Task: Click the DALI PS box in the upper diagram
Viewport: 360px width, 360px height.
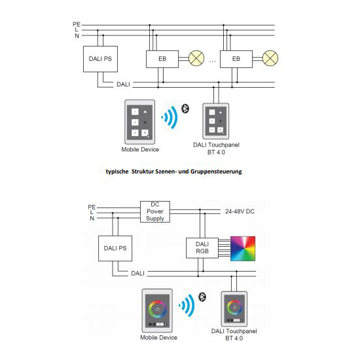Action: (100, 59)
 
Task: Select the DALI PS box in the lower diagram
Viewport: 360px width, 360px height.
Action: (115, 249)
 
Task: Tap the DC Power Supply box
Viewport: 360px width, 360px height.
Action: (155, 211)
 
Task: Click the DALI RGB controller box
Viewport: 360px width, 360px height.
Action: (202, 248)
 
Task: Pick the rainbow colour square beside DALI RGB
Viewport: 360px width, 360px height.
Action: (243, 249)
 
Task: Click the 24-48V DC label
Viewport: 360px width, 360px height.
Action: (240, 211)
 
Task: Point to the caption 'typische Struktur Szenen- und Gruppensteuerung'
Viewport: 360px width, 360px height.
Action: (174, 171)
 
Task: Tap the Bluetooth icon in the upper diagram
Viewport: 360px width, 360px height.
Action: (185, 109)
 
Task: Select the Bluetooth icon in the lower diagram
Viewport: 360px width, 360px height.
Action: (202, 297)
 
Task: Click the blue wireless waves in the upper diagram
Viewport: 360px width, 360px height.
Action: (170, 117)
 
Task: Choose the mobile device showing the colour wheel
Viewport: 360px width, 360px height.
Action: (157, 311)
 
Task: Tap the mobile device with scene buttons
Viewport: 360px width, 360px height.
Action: (139, 122)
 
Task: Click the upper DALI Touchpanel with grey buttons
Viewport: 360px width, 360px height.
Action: (215, 121)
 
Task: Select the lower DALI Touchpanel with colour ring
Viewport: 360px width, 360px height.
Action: (234, 309)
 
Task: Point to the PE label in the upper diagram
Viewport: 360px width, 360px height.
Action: (77, 24)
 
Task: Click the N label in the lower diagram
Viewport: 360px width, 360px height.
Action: (92, 219)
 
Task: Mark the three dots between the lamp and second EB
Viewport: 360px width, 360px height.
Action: (212, 62)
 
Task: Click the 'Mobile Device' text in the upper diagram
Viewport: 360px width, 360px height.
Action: (140, 149)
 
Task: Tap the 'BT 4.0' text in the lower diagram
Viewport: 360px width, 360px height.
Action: (234, 338)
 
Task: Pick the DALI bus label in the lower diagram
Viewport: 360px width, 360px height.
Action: (137, 274)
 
